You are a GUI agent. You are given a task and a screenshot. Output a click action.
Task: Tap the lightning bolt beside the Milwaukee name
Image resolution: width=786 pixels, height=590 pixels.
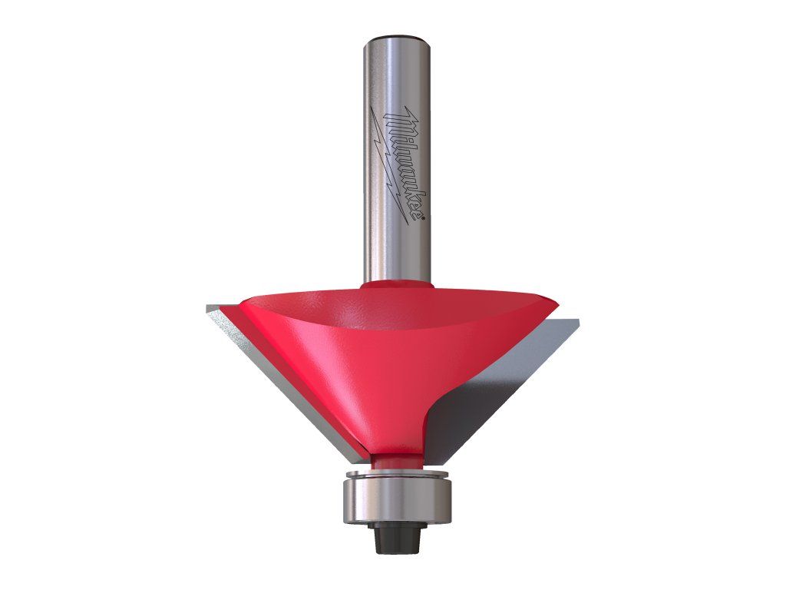pyautogui.click(x=389, y=166)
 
